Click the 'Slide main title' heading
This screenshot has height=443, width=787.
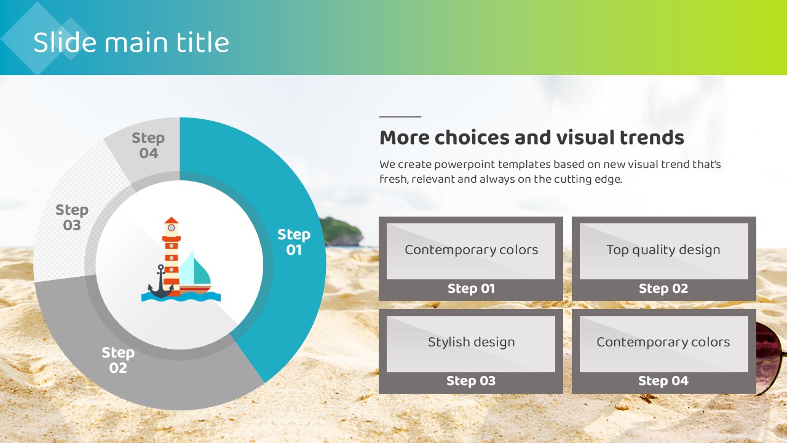point(131,42)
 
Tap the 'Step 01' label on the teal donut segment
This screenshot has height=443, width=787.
point(294,242)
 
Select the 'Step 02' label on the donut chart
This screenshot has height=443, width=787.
point(118,360)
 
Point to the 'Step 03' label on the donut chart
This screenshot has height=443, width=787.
point(72,217)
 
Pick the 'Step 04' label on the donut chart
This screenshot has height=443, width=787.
point(148,145)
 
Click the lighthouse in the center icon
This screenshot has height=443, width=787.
point(172,256)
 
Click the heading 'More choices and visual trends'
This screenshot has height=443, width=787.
point(532,137)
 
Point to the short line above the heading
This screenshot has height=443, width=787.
point(400,116)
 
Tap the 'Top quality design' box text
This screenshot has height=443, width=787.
point(663,250)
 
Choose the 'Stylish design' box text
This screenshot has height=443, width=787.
point(471,342)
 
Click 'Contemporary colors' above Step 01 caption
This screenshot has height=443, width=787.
point(471,250)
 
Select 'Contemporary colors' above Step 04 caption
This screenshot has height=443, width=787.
point(663,342)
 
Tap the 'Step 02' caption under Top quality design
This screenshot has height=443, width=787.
point(663,289)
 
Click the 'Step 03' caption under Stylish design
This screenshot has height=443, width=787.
point(471,381)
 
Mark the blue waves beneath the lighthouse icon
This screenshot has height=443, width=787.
point(181,297)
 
